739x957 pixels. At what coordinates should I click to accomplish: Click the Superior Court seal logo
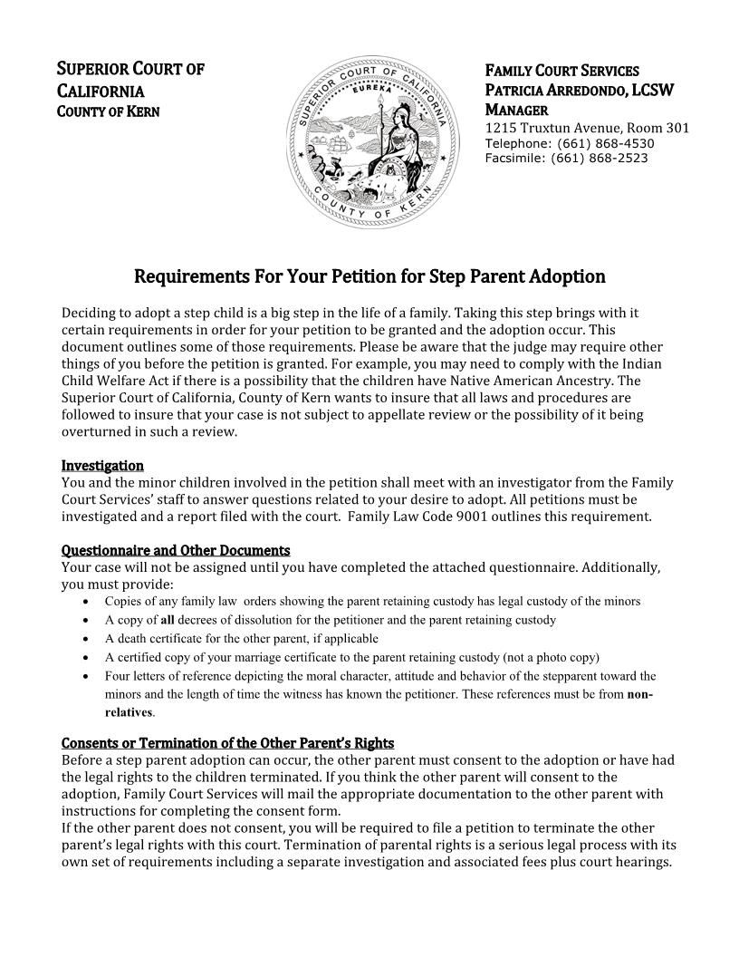tap(370, 142)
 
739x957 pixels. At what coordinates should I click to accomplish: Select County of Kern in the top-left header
tap(109, 111)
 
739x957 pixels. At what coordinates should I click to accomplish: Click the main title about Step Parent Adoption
tap(369, 275)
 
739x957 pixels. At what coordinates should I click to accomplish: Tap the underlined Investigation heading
tap(102, 466)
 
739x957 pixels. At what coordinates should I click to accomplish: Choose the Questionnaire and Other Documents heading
tap(176, 550)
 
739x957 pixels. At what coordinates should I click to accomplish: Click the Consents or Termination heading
tap(227, 743)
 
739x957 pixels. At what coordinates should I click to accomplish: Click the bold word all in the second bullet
tap(168, 620)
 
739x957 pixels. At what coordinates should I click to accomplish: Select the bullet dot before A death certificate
tap(85, 639)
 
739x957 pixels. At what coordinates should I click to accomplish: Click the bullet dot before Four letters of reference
tap(85, 676)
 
